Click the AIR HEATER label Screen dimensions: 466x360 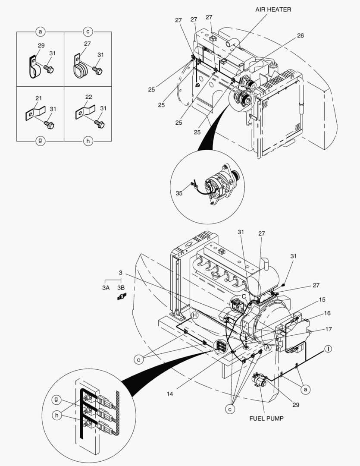tap(273, 9)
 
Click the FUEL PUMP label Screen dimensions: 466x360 tap(266, 419)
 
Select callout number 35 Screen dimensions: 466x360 tap(179, 193)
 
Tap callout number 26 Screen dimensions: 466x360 tap(300, 36)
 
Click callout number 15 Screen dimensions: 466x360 tap(322, 299)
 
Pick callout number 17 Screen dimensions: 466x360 tap(329, 329)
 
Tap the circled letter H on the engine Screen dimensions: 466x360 tap(195, 315)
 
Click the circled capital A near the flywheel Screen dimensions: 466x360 tap(268, 346)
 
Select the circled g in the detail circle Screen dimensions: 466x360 tap(56, 400)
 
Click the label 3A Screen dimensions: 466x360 tap(106, 287)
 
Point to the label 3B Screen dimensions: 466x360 tap(121, 287)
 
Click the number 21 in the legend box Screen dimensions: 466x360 tap(38, 98)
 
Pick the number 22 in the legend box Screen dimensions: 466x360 tap(89, 97)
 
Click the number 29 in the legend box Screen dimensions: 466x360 tap(41, 45)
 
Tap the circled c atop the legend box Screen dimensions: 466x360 tap(88, 31)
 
